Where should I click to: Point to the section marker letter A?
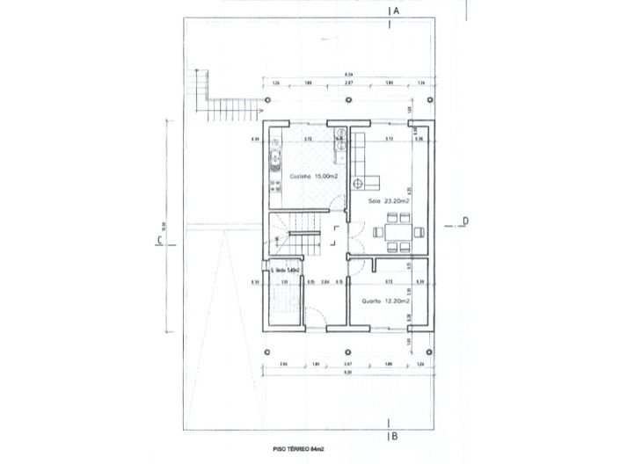(x=397, y=11)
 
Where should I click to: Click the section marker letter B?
(x=397, y=434)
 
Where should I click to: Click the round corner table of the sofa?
(x=359, y=183)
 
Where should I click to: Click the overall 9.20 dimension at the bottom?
(x=349, y=373)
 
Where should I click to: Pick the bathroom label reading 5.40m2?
(x=287, y=270)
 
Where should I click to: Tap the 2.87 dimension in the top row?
(x=347, y=83)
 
